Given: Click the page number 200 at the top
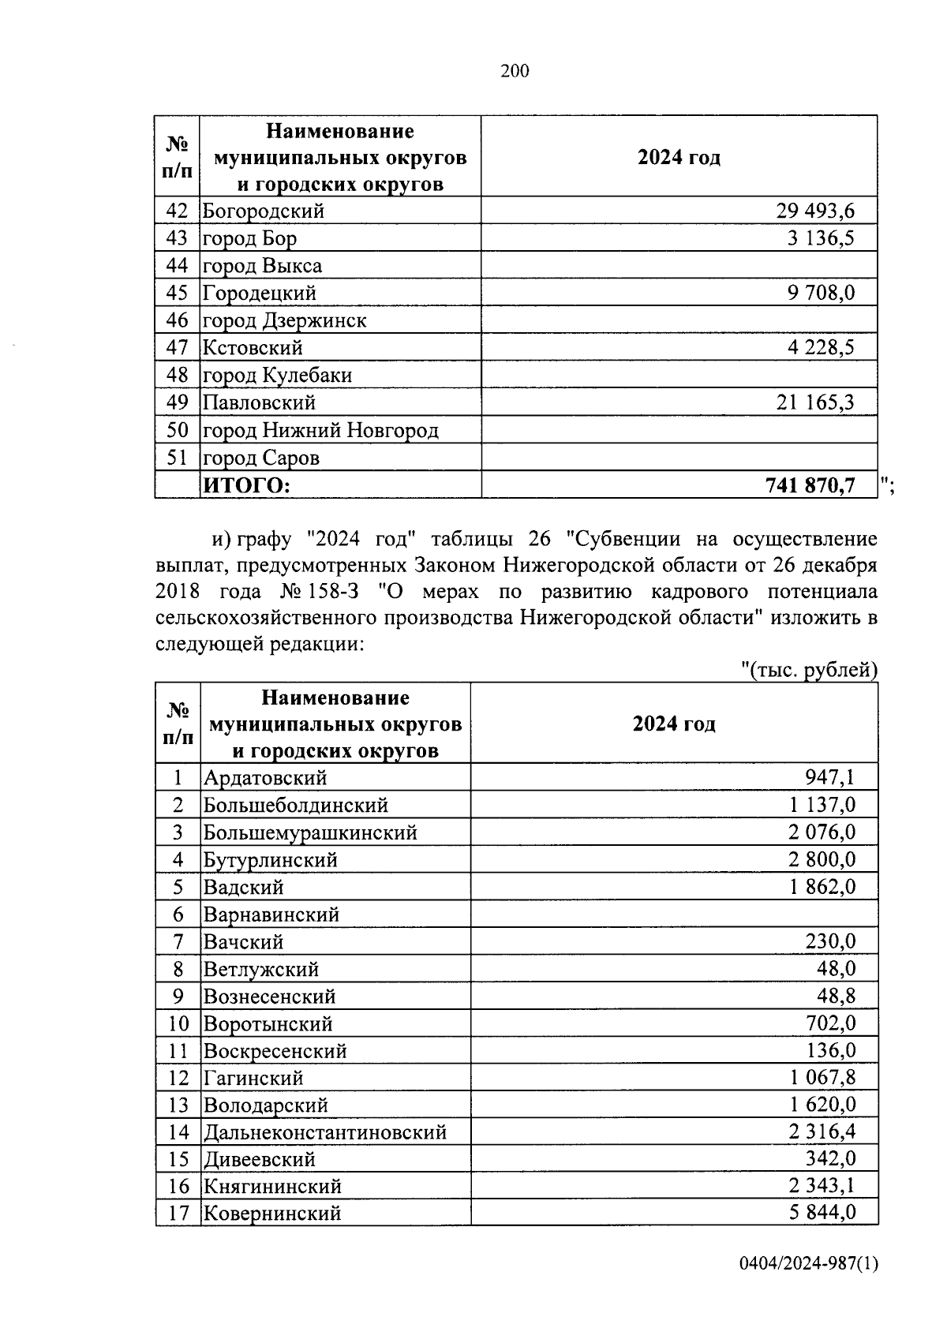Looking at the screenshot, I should click(515, 72).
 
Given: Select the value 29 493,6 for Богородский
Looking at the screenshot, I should click(815, 211).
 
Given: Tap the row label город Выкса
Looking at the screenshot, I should click(262, 266).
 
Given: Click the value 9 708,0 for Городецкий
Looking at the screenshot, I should click(821, 294).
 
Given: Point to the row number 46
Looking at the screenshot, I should click(178, 320).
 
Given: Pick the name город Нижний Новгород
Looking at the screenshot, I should click(320, 431).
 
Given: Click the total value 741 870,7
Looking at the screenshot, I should click(810, 486).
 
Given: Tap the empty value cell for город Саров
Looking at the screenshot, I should click(679, 458).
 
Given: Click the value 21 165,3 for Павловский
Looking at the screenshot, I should click(815, 403).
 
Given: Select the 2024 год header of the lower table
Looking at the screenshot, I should click(674, 724).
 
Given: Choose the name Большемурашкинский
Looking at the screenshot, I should click(310, 832).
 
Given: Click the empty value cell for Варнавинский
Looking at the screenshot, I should click(674, 914).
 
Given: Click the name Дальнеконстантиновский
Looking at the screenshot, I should click(325, 1133).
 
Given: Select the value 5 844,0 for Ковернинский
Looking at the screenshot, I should click(822, 1213).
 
